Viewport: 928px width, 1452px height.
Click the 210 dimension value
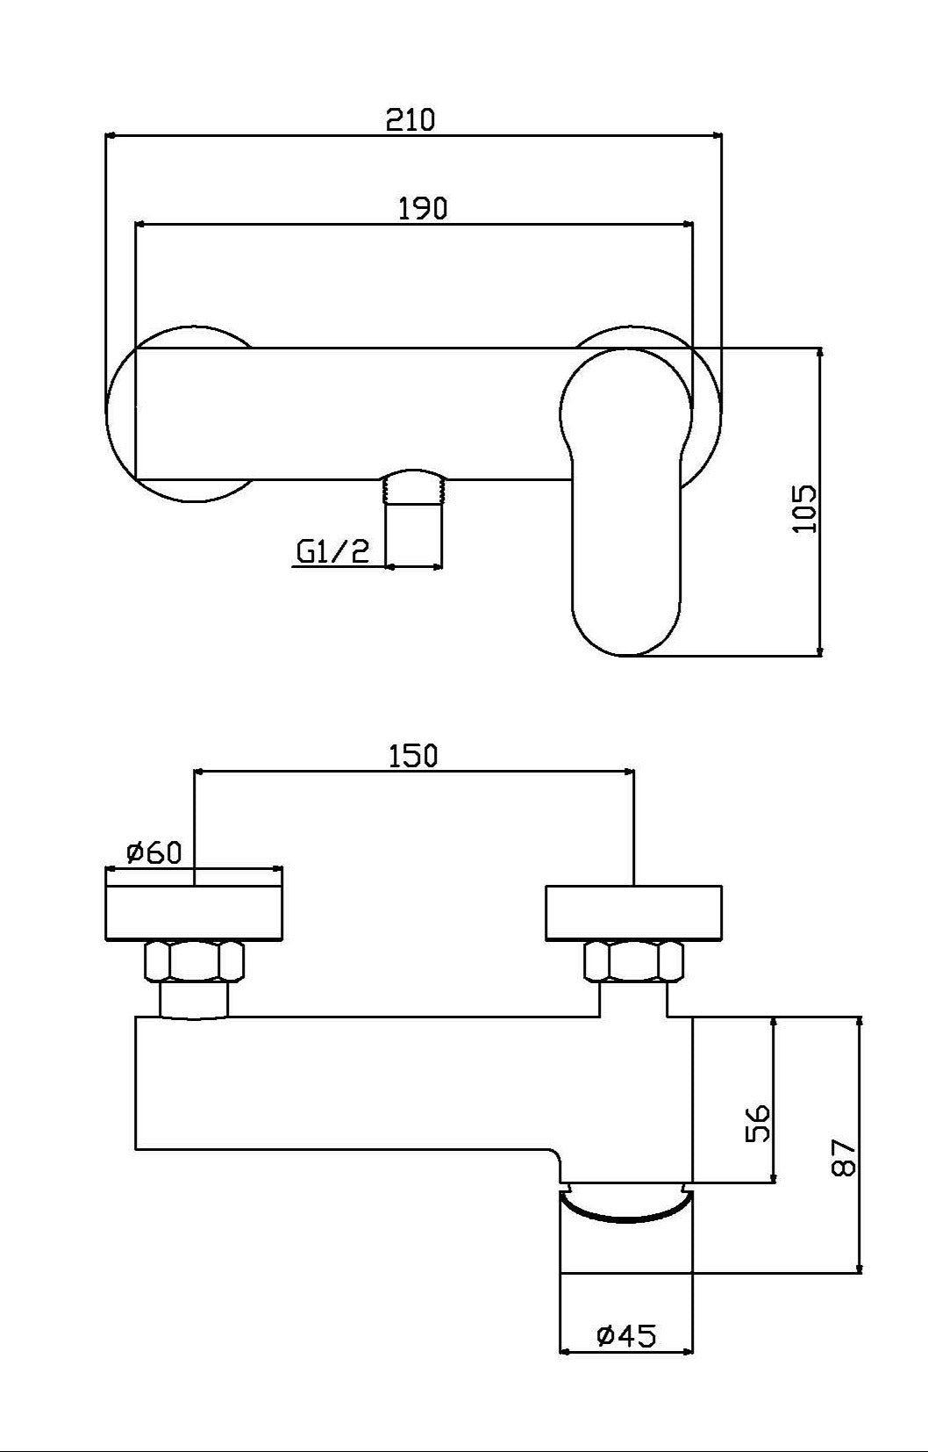[410, 119]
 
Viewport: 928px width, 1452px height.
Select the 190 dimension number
[423, 209]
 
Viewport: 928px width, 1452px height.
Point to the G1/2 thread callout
[333, 551]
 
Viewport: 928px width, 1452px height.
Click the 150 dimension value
[412, 755]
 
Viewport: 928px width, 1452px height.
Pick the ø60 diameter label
[153, 852]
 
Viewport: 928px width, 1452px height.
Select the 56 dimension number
[758, 1122]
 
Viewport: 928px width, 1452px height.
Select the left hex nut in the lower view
[194, 960]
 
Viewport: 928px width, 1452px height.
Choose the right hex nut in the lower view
[633, 960]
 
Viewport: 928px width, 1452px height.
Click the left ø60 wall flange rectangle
[194, 913]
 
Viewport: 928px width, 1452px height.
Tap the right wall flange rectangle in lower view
[633, 913]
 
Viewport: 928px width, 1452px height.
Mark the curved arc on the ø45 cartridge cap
[625, 1216]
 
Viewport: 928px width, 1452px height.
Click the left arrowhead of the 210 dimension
[110, 135]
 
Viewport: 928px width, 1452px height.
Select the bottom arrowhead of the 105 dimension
[820, 650]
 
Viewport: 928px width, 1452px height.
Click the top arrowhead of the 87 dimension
[860, 1022]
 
